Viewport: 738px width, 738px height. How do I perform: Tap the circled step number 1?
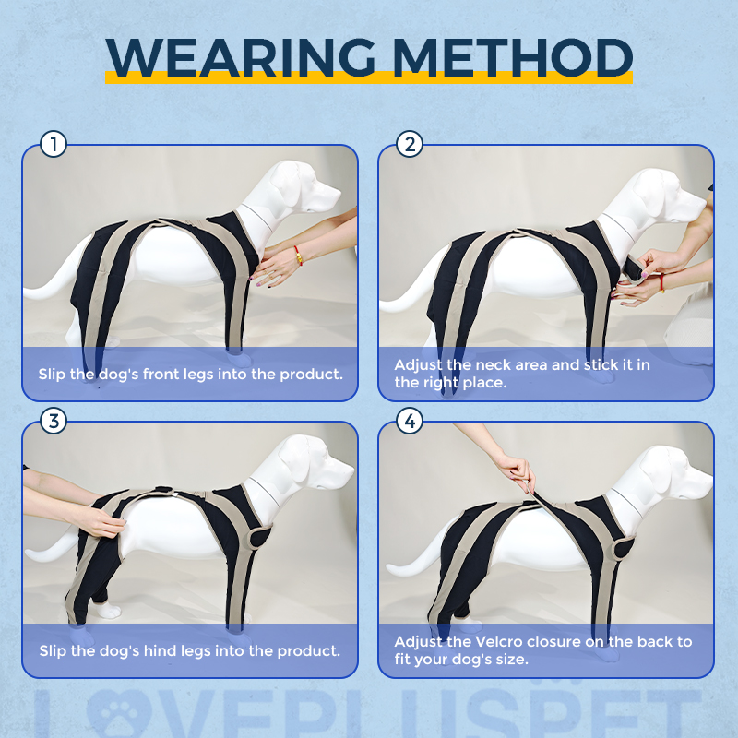(x=54, y=145)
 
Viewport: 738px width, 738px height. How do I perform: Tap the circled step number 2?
(x=410, y=145)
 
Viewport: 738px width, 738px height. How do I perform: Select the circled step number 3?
(x=54, y=422)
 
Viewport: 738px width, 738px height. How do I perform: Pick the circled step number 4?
(x=410, y=422)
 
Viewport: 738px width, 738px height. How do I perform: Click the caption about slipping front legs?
(x=190, y=374)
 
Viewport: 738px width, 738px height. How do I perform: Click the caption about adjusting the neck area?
(x=522, y=373)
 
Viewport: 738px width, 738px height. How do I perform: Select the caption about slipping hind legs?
(x=190, y=650)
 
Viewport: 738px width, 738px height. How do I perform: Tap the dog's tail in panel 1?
(x=46, y=291)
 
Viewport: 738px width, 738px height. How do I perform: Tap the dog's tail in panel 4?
(x=406, y=572)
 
